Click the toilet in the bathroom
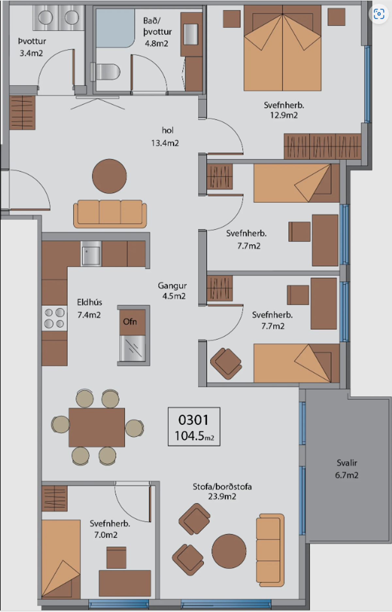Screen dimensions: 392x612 [x=105, y=72]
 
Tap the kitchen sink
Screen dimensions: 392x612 [x=91, y=254]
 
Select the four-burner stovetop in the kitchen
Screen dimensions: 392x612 [x=55, y=318]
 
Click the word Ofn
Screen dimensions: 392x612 [x=130, y=322]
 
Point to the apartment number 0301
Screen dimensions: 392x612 [x=193, y=420]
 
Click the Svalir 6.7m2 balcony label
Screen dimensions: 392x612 [x=347, y=469]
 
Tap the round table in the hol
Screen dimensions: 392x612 [x=109, y=176]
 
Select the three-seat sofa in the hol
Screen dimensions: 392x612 [x=110, y=214]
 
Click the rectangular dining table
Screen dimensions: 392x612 [x=97, y=427]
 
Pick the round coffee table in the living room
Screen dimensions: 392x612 [x=229, y=551]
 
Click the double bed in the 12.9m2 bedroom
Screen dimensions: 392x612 [x=283, y=48]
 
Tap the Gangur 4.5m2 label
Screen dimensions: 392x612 [x=172, y=291]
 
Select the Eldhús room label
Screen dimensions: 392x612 [x=90, y=302]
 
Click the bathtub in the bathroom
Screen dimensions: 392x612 [x=115, y=28]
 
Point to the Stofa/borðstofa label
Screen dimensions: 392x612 [x=222, y=487]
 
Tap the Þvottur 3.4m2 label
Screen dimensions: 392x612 [x=32, y=47]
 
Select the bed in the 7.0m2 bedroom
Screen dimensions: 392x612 [x=61, y=559]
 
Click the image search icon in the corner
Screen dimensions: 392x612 [x=379, y=14]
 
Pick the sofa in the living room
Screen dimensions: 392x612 [x=270, y=550]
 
